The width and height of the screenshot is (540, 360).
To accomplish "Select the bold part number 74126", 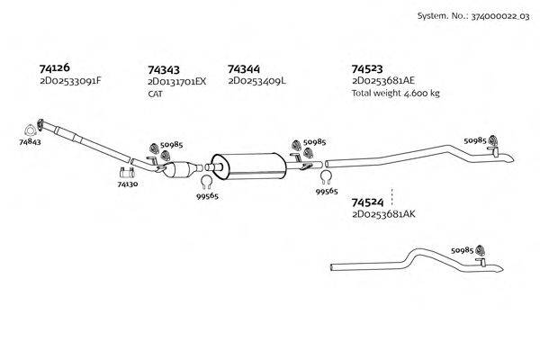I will (x=55, y=67).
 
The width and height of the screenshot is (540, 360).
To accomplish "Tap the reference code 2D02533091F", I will (x=70, y=81).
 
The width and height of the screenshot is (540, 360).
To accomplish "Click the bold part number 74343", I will (x=163, y=68).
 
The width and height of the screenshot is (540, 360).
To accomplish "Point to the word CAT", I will (x=155, y=93).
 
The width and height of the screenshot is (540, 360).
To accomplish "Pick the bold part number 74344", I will (x=245, y=68).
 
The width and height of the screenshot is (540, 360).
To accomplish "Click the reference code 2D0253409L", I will (x=256, y=81).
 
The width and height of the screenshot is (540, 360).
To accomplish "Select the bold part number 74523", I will (x=367, y=68).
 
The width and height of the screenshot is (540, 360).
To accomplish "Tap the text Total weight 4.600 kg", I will (x=395, y=93).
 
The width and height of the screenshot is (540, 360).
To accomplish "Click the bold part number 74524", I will (x=367, y=202).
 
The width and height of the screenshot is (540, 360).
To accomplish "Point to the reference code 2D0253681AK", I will (x=384, y=215).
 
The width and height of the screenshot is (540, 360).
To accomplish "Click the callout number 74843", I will (x=29, y=142).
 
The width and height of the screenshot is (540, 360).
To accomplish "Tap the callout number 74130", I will (x=127, y=184).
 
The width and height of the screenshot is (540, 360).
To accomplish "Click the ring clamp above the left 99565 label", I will (x=205, y=186).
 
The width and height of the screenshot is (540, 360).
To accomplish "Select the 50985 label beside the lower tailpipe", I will (x=461, y=250).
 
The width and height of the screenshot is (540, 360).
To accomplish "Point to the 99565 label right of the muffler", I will (x=327, y=191).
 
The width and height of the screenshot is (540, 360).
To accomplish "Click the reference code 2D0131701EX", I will (x=176, y=81).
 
